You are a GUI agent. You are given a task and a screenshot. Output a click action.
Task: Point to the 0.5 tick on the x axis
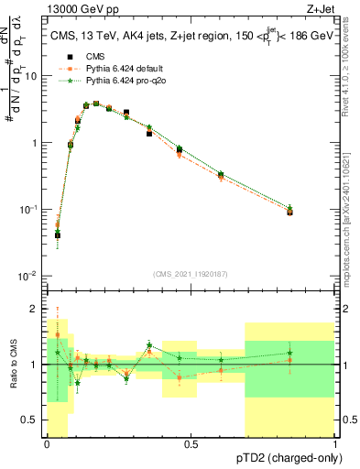191,445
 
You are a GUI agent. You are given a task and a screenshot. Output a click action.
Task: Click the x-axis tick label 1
336,445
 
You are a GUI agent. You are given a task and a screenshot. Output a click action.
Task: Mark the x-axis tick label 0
47,445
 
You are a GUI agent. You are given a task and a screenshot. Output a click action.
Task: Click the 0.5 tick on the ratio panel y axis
32,422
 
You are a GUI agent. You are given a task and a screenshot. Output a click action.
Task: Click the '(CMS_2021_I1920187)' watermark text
191,272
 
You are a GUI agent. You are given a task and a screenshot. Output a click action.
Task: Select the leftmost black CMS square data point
57,234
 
